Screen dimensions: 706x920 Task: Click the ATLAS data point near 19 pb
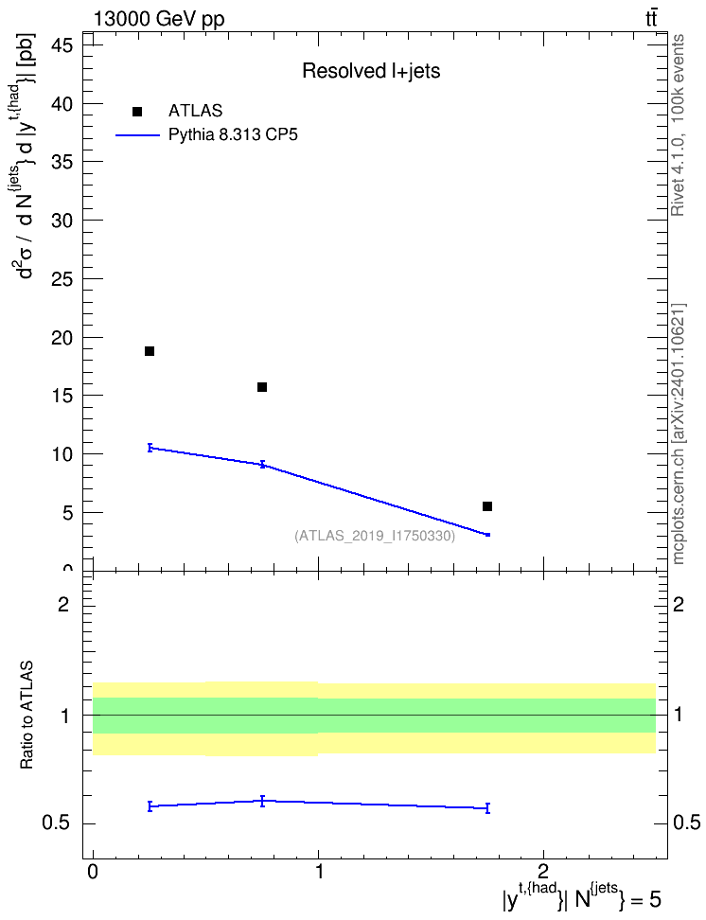(150, 351)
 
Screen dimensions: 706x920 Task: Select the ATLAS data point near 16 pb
(262, 387)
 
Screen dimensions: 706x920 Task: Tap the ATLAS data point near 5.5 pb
(487, 505)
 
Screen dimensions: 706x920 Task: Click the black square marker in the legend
(137, 111)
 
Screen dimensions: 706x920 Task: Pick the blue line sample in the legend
(138, 135)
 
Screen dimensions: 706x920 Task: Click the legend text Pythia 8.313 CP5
(233, 135)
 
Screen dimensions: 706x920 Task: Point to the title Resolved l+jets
(371, 71)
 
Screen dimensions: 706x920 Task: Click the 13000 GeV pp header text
(158, 19)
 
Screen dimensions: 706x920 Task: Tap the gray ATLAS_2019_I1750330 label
(375, 536)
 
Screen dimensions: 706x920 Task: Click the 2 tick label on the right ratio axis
(679, 604)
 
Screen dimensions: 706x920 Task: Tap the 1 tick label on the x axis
(319, 872)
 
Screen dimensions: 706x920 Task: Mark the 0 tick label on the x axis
(93, 872)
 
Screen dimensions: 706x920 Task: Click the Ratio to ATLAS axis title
(26, 715)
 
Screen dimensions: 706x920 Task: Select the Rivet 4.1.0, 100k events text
(678, 125)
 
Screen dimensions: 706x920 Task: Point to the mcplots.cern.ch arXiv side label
(678, 434)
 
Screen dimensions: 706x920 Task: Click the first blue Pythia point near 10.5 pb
(150, 448)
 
